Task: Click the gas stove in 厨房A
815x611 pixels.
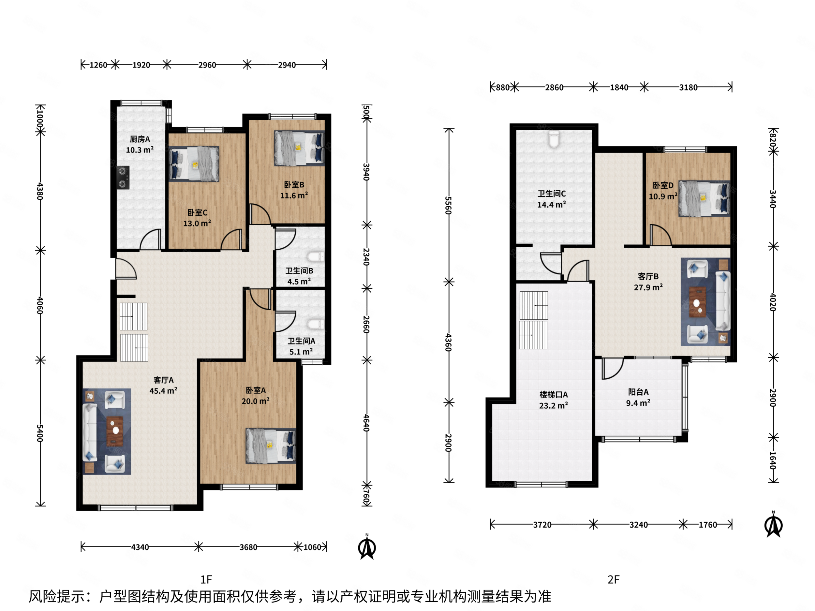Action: (123, 178)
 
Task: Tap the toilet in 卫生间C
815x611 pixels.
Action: (554, 139)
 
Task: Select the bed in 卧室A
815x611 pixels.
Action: (271, 445)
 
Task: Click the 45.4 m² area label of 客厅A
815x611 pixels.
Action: (163, 390)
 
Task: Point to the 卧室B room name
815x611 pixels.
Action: (294, 184)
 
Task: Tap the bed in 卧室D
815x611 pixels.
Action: (704, 198)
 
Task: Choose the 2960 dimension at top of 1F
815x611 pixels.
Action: (207, 65)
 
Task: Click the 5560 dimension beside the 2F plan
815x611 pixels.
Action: (448, 205)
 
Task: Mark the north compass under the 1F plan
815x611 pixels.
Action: (367, 547)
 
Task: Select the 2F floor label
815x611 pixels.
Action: (614, 580)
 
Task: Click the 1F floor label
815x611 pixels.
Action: (206, 580)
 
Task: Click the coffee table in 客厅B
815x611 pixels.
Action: (697, 302)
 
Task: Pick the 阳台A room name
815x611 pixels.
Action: (638, 392)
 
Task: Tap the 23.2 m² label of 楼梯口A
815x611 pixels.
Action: (554, 405)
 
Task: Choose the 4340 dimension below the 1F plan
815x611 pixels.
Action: (140, 547)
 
